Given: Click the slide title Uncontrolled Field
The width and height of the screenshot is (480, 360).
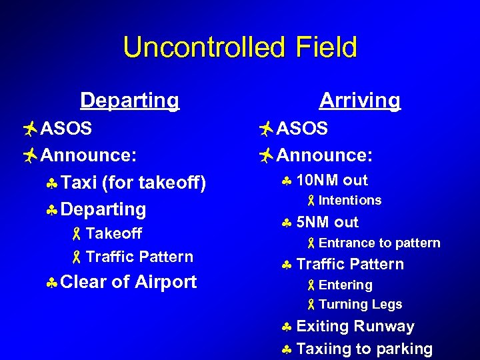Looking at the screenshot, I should (240, 48).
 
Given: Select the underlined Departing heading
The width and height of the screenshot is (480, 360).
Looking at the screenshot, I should (129, 101).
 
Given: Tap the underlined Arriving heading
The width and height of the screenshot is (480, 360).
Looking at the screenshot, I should (359, 101).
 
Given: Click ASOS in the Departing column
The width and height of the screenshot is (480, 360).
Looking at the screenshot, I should (66, 128).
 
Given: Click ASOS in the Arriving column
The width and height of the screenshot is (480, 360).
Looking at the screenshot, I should (301, 128).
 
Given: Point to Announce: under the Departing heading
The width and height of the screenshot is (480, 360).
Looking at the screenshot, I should (89, 155).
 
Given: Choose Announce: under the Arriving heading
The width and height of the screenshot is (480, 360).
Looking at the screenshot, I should (324, 155).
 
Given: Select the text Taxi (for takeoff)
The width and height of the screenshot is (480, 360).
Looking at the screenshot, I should (133, 183).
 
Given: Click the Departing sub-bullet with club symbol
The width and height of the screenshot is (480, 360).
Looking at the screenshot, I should (103, 209).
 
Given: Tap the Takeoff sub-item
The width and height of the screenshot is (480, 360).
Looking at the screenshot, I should (113, 233).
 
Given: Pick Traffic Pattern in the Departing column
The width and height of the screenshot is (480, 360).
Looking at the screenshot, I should (139, 257).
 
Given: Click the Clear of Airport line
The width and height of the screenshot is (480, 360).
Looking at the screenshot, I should (128, 282).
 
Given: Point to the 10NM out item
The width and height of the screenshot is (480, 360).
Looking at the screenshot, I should (331, 180).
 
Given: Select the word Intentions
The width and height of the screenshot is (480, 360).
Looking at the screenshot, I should (349, 201).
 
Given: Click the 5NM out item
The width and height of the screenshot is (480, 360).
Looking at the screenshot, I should (327, 222).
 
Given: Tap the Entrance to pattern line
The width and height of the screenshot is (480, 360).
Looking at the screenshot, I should (379, 243).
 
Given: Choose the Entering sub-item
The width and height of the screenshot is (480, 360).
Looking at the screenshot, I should (345, 285).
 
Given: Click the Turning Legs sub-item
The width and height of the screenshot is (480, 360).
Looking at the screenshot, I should (360, 305).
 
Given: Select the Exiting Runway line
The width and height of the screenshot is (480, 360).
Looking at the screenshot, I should (355, 327).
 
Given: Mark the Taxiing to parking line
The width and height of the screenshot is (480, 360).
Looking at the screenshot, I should (364, 349).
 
